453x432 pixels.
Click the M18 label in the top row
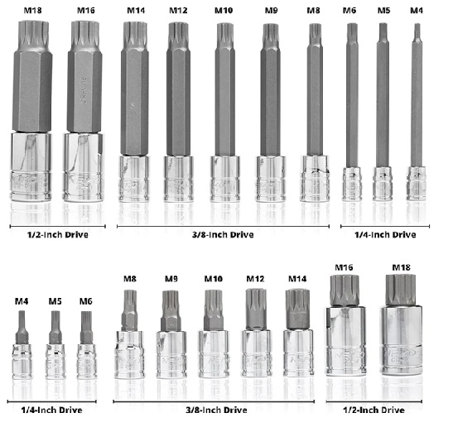[32, 11]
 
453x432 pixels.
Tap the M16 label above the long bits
[86, 11]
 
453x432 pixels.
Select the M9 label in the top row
[272, 11]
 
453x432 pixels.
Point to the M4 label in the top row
[417, 11]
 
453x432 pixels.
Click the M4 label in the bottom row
[22, 301]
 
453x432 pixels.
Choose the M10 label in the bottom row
[214, 279]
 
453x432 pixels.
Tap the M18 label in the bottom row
[401, 267]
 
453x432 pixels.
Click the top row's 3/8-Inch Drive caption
[223, 234]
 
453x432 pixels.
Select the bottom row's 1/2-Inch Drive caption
[373, 410]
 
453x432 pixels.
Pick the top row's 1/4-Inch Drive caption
[385, 234]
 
